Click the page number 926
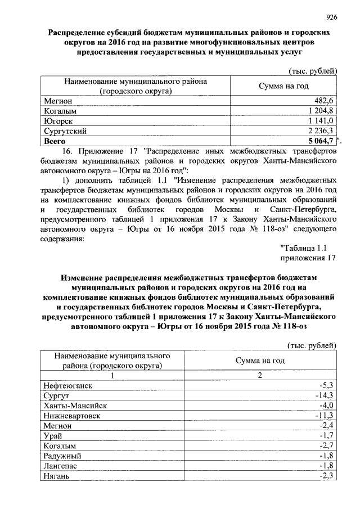point(331,17)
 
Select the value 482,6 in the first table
point(324,101)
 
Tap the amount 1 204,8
point(320,111)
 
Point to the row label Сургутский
point(65,131)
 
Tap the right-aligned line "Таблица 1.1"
point(303,247)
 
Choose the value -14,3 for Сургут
point(325,396)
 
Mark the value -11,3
point(325,416)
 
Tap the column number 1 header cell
point(112,375)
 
